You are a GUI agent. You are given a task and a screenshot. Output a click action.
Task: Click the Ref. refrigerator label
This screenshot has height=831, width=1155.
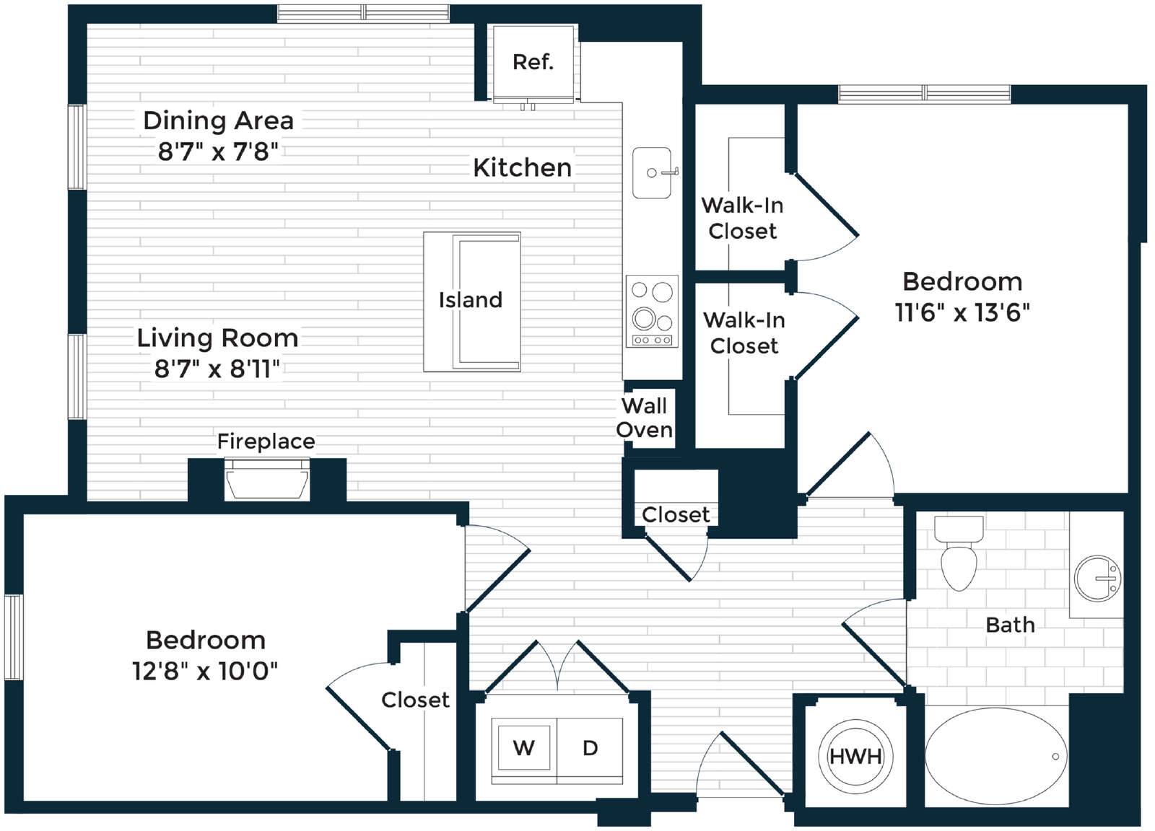533,62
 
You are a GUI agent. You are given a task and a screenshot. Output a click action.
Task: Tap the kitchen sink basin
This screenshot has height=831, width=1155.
652,172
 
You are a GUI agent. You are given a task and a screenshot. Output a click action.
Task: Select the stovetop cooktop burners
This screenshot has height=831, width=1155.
652,311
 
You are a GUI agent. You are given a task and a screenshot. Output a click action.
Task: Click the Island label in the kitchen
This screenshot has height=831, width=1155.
470,300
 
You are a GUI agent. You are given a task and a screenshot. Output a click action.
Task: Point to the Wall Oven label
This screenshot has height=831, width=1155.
645,417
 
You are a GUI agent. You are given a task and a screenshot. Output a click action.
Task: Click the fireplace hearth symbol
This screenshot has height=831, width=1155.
267,479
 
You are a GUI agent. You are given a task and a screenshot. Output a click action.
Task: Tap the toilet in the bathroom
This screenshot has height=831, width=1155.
959,553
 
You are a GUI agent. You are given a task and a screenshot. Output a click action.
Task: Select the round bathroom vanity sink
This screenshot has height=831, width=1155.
1098,578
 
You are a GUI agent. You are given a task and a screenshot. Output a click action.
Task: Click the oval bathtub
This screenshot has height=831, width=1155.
995,756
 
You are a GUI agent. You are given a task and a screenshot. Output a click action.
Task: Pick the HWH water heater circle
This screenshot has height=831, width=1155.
855,756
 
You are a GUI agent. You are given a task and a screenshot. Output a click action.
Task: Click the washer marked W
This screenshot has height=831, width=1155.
524,747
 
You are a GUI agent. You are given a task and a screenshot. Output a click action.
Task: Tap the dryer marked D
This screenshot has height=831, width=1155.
590,747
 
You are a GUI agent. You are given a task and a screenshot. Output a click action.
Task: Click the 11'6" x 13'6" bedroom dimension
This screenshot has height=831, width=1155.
962,313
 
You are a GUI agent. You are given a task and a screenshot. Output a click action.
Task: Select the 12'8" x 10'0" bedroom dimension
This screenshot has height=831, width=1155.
205,672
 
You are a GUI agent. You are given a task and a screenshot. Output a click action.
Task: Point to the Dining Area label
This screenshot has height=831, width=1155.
219,120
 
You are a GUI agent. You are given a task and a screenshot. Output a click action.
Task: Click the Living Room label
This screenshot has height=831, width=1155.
217,338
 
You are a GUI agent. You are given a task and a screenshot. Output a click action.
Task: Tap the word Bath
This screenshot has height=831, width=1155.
1010,625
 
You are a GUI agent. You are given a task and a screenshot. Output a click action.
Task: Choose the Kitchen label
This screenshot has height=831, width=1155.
523,168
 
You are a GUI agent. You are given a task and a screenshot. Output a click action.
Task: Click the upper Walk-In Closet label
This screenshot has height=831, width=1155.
743,218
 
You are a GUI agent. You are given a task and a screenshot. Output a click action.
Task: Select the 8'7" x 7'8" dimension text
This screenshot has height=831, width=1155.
218,151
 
